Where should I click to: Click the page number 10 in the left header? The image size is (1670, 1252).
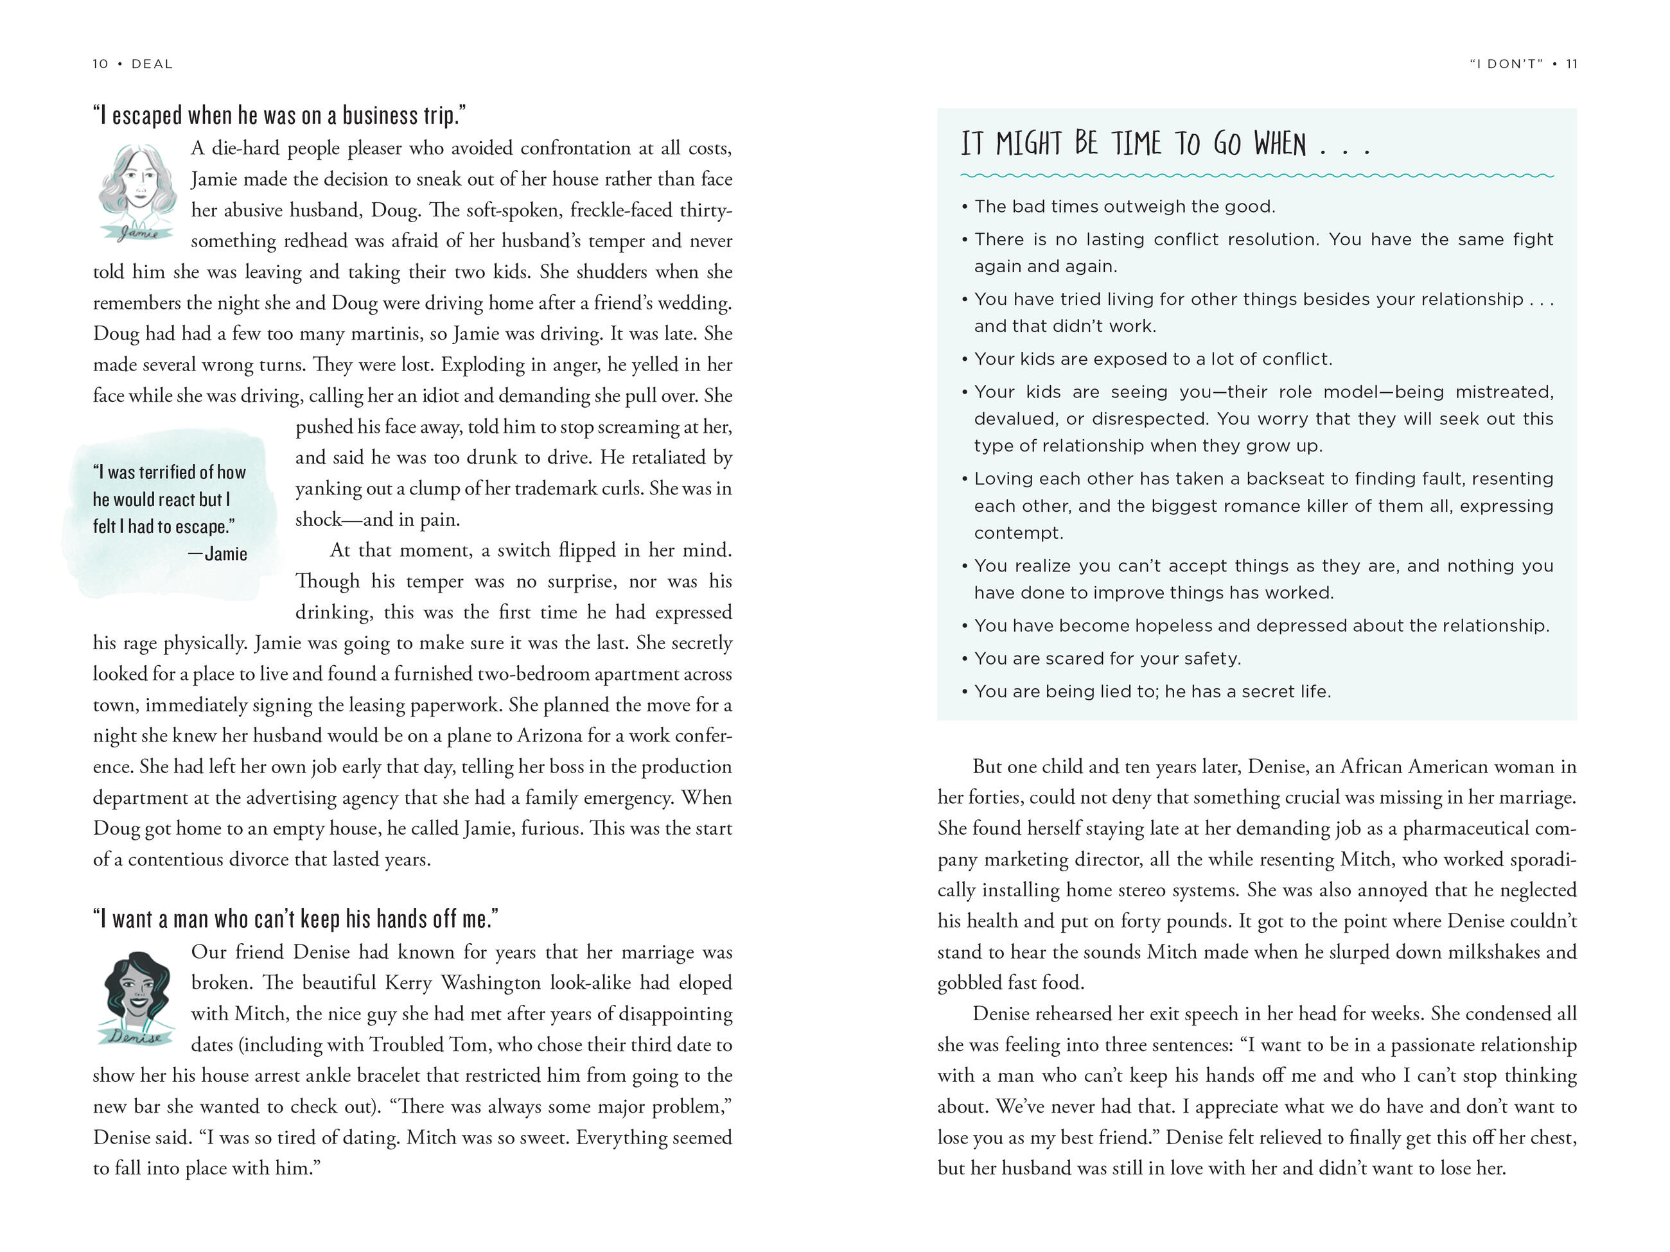(x=100, y=64)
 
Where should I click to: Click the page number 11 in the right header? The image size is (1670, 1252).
(x=1571, y=64)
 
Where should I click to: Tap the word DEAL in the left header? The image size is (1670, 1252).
(x=152, y=64)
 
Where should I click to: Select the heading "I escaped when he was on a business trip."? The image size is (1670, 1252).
(x=279, y=116)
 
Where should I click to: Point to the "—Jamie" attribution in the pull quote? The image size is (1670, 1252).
(x=218, y=554)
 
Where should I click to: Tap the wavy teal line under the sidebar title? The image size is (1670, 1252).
(x=1256, y=176)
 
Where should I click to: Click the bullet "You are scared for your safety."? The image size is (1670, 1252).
(x=1107, y=658)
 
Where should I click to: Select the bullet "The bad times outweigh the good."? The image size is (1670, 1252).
(x=1124, y=207)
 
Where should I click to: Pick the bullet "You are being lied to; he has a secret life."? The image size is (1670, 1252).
(x=1152, y=691)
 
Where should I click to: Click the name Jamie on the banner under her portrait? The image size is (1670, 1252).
(x=139, y=232)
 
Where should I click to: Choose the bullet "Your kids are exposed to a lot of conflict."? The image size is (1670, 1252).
(x=1153, y=359)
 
